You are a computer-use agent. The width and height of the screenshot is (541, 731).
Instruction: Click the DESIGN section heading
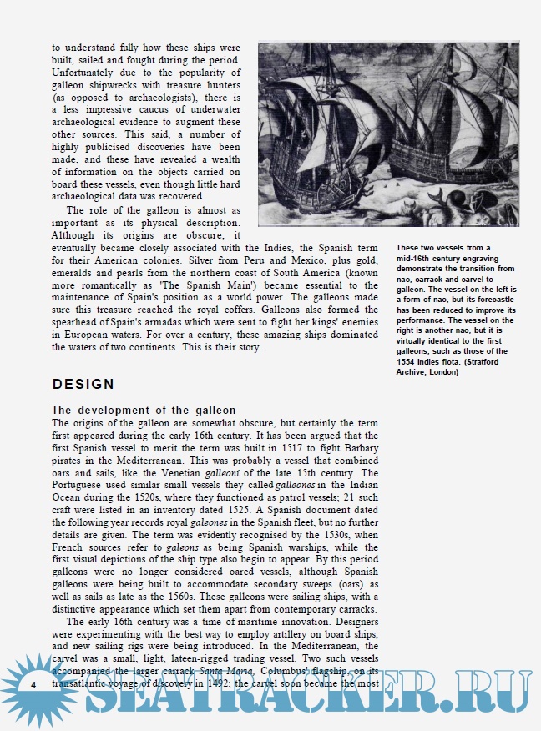pyautogui.click(x=83, y=384)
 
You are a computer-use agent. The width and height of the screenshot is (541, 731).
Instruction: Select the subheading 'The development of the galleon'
pyautogui.click(x=144, y=410)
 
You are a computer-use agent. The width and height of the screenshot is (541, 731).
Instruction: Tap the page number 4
pyautogui.click(x=32, y=684)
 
